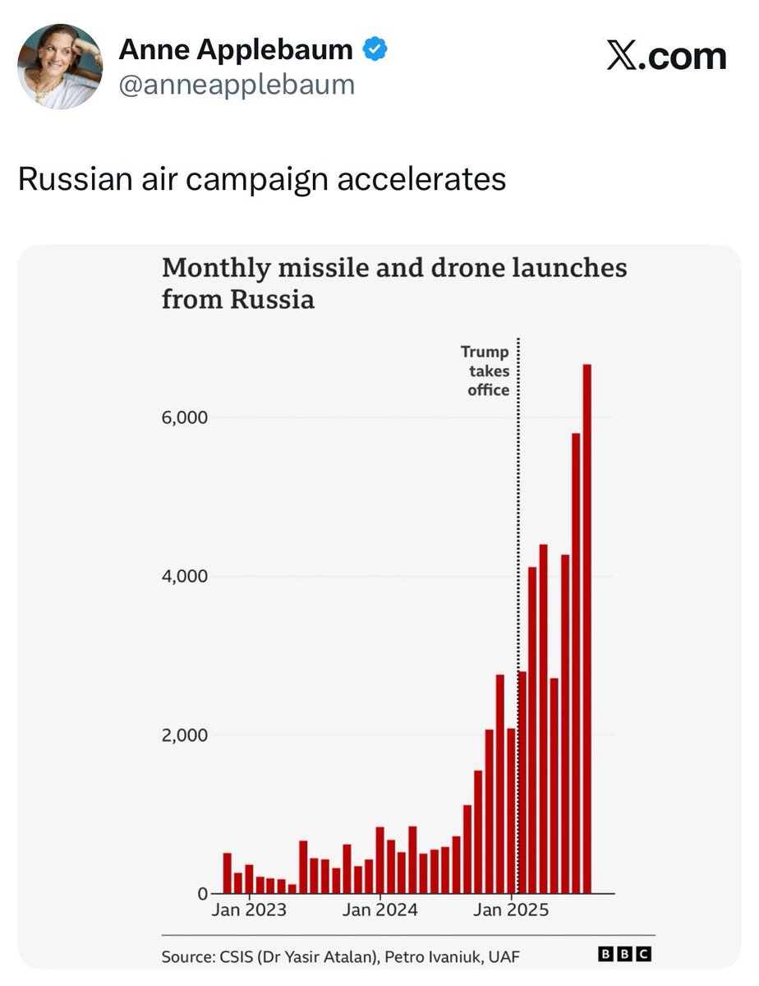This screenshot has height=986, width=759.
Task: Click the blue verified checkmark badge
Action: [x=375, y=50]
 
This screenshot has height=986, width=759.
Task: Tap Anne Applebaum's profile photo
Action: [x=60, y=67]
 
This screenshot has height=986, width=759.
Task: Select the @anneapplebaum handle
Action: [x=237, y=85]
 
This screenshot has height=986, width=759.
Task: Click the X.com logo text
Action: [x=666, y=57]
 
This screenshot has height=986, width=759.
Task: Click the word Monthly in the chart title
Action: [x=215, y=269]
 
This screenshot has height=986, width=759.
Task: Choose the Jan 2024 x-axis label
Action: [x=380, y=910]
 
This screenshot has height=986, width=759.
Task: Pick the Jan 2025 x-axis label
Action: [x=512, y=910]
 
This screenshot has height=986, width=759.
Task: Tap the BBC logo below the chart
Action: [x=624, y=954]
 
